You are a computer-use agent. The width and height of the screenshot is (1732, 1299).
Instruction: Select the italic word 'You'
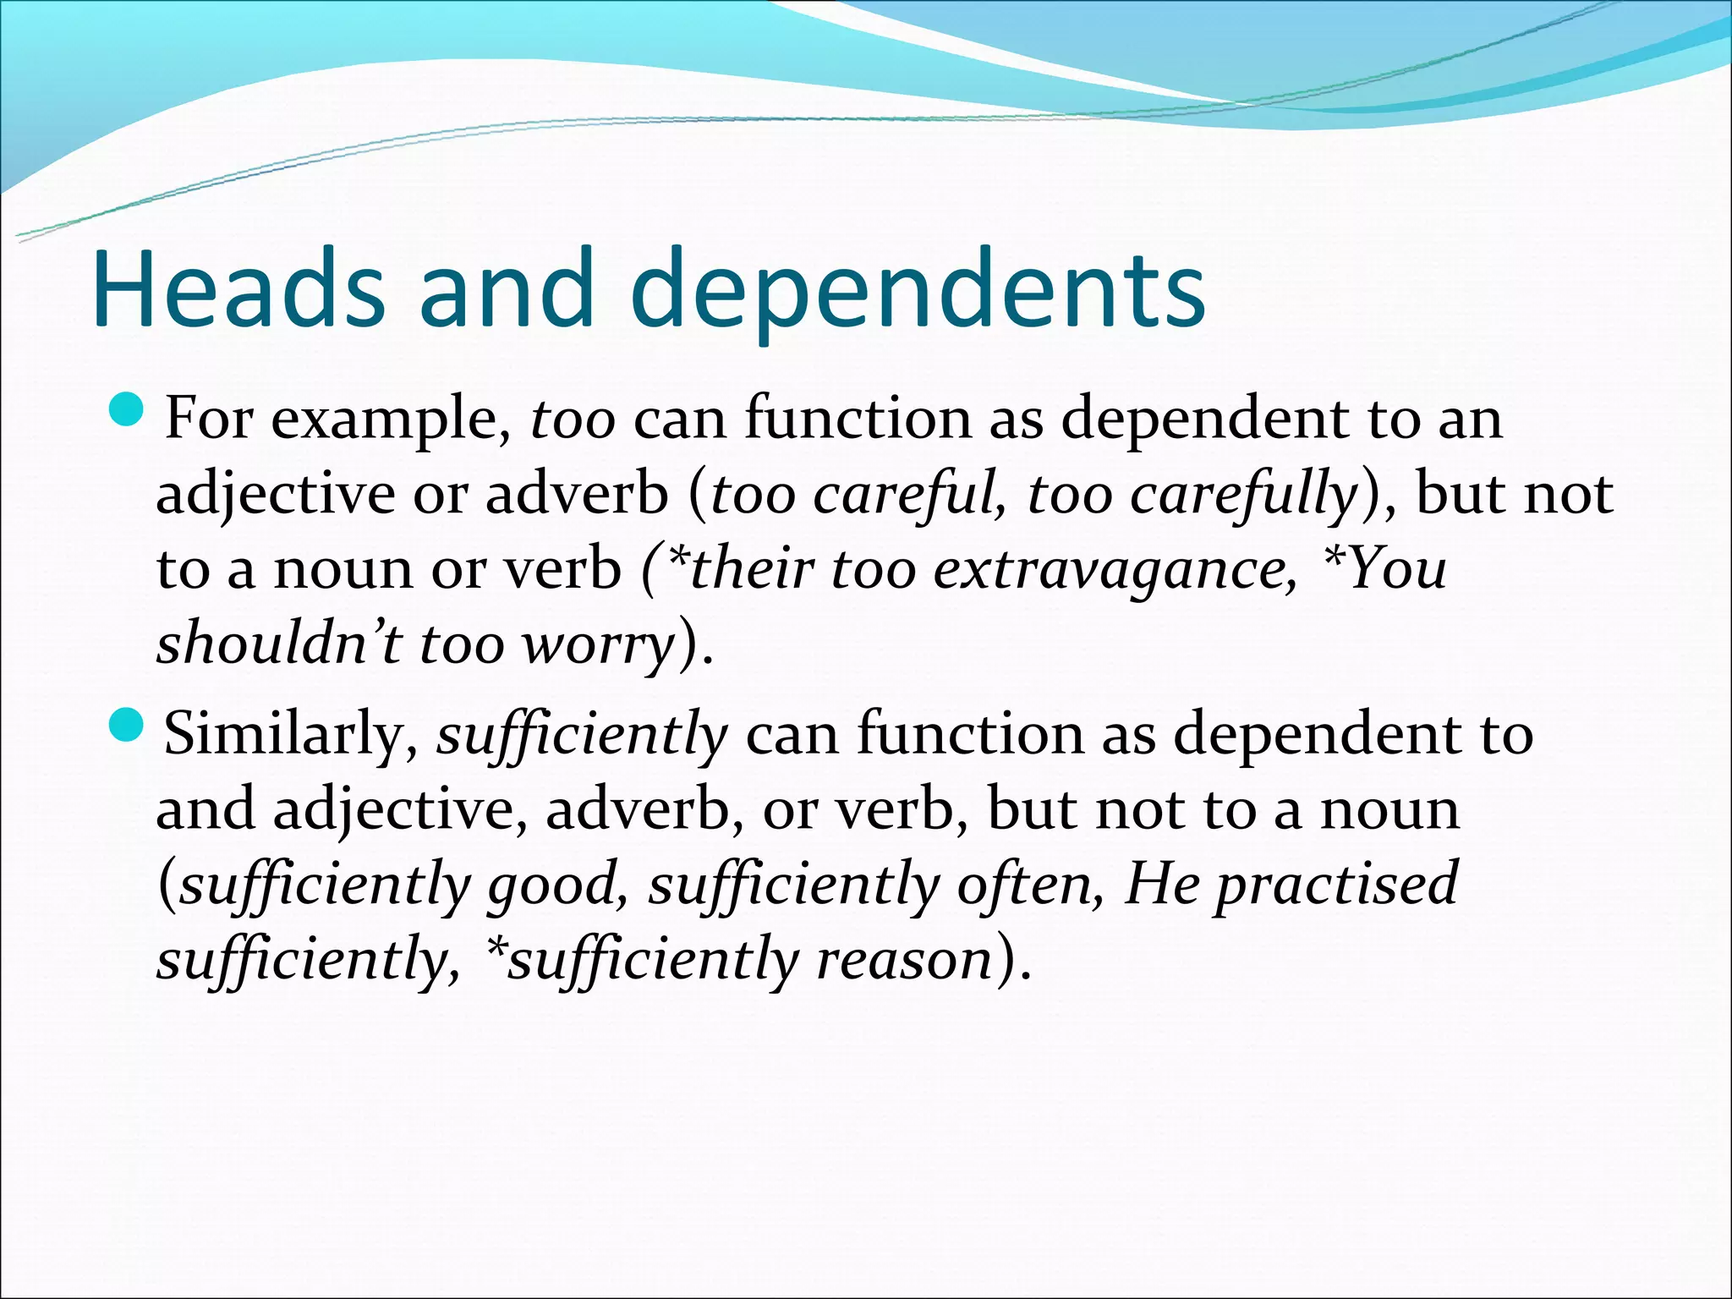click(x=1396, y=568)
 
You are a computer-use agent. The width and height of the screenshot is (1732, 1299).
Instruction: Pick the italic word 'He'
click(x=1163, y=885)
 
